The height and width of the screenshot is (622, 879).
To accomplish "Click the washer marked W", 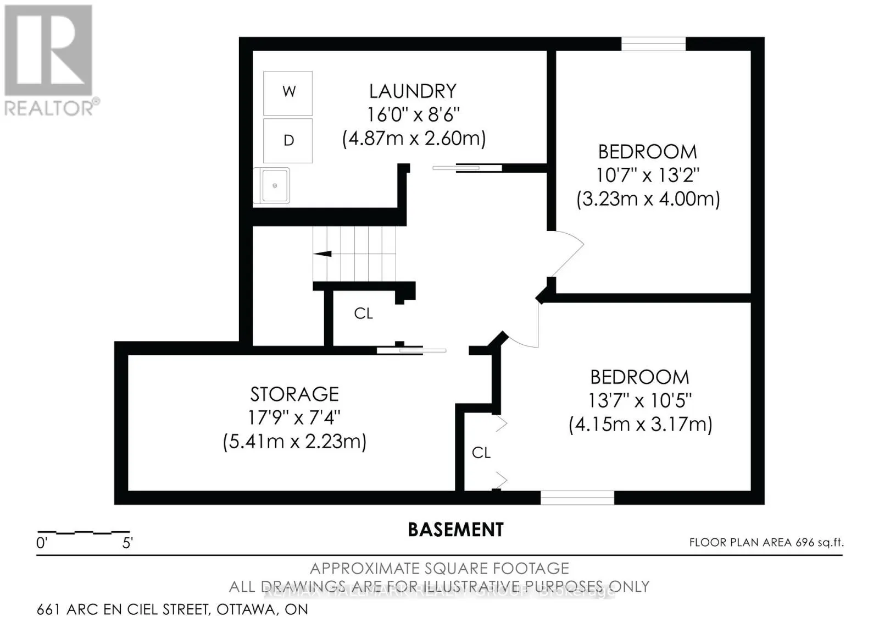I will click(288, 92).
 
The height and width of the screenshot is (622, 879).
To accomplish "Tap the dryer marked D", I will click(288, 140).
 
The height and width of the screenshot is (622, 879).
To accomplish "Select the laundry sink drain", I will click(275, 186).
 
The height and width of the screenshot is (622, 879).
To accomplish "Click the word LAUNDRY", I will click(413, 91).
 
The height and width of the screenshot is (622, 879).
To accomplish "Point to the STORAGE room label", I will click(294, 394).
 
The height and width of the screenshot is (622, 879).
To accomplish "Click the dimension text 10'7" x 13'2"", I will click(648, 175).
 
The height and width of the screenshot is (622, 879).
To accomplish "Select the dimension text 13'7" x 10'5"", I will click(639, 401).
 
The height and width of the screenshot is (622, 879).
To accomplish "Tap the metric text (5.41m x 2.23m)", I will click(294, 442).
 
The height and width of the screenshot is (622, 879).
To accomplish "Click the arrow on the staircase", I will click(322, 254).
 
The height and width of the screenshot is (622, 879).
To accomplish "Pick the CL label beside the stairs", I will click(363, 313).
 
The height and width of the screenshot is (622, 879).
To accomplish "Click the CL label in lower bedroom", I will click(481, 453).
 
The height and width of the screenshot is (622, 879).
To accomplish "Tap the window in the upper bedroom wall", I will click(653, 43).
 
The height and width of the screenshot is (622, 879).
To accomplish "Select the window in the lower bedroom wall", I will click(577, 498).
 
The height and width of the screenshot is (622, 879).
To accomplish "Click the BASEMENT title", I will click(455, 530).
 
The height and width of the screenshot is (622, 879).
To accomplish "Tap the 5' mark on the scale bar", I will click(127, 543).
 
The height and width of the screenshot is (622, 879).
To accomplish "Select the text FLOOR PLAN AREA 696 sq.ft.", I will click(766, 542).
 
